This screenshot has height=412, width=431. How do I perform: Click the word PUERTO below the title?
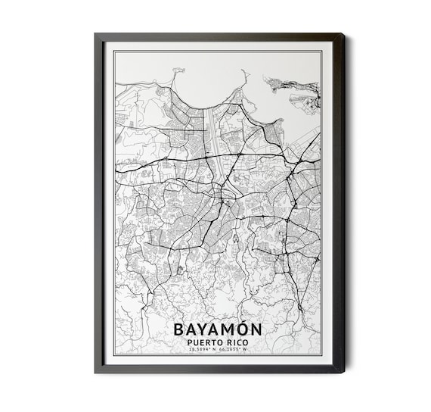[206, 342]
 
